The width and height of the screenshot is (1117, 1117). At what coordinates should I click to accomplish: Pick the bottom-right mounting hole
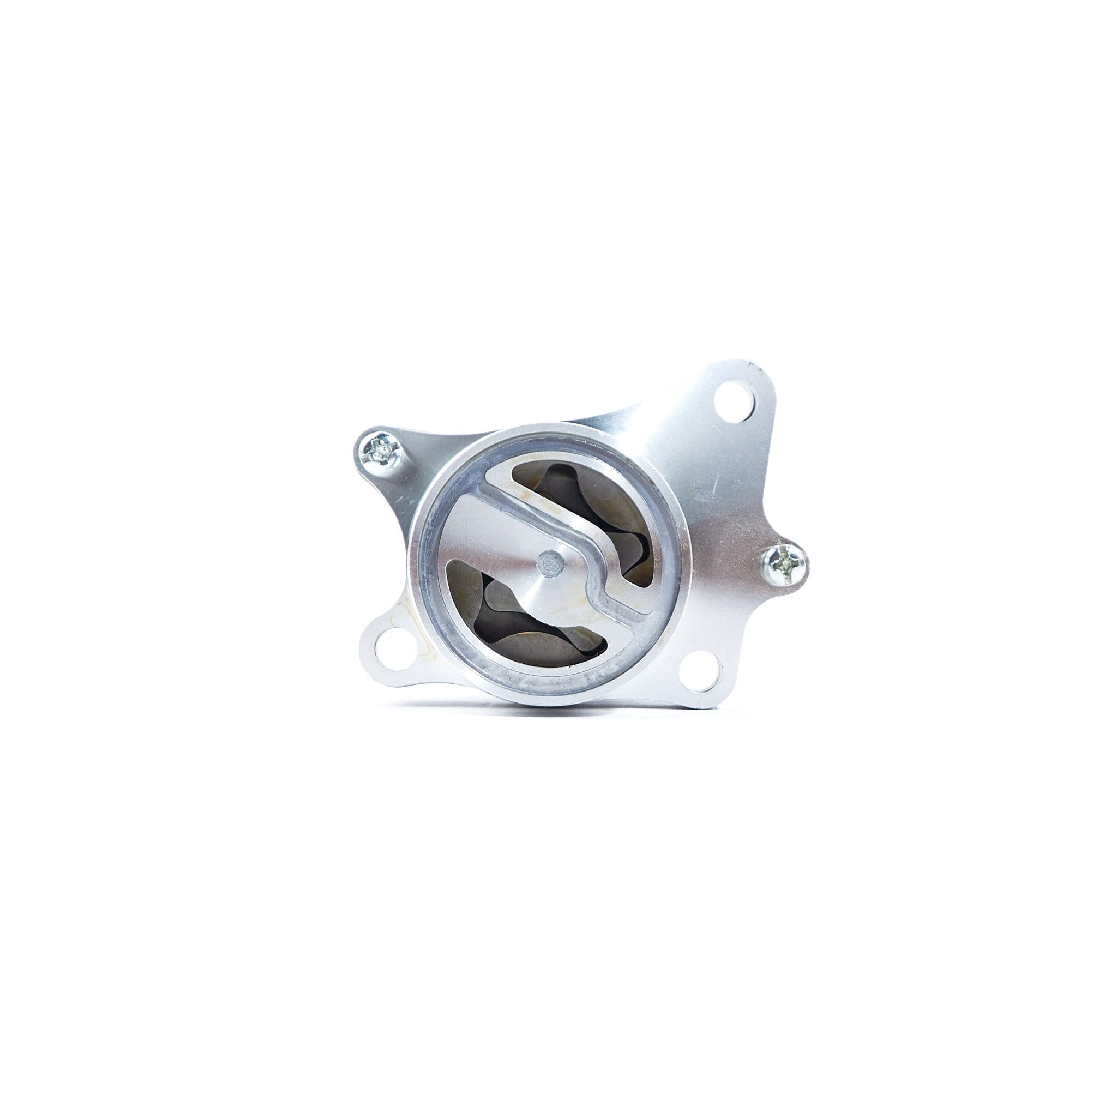700,672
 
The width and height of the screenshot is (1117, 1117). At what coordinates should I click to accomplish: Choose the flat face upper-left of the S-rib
474,520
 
